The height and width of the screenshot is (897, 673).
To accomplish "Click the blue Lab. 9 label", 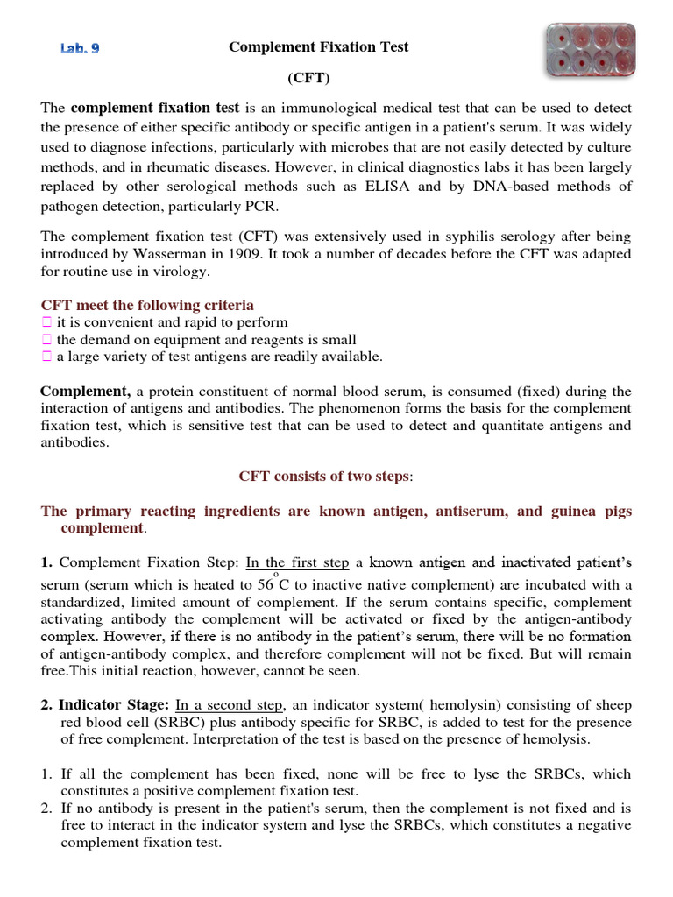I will (80, 49).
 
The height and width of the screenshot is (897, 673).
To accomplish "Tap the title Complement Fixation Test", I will (318, 47).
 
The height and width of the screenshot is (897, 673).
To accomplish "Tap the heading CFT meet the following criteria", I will (147, 305).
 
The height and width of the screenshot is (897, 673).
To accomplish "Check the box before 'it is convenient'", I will (47, 322).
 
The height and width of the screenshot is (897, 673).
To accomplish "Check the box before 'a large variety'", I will (47, 357).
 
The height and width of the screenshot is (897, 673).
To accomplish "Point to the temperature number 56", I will (264, 584).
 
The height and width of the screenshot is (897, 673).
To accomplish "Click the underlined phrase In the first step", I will (297, 562).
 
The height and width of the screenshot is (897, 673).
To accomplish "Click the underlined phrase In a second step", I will (230, 704).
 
